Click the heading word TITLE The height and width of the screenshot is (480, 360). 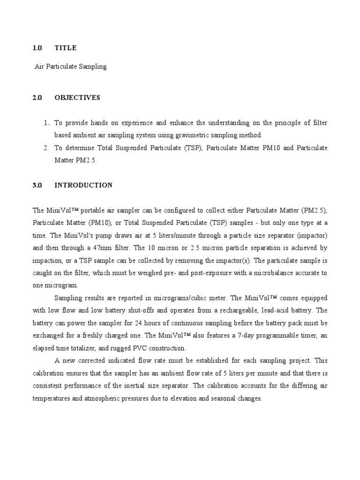tap(65, 48)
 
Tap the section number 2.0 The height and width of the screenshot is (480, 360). tap(37, 98)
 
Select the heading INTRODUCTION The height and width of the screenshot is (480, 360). tap(83, 185)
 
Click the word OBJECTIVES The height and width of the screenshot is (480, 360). tap(77, 98)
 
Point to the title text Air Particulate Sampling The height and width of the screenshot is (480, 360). tap(71, 67)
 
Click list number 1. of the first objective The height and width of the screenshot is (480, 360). tap(46, 123)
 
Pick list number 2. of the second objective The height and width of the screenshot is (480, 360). tap(46, 148)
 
